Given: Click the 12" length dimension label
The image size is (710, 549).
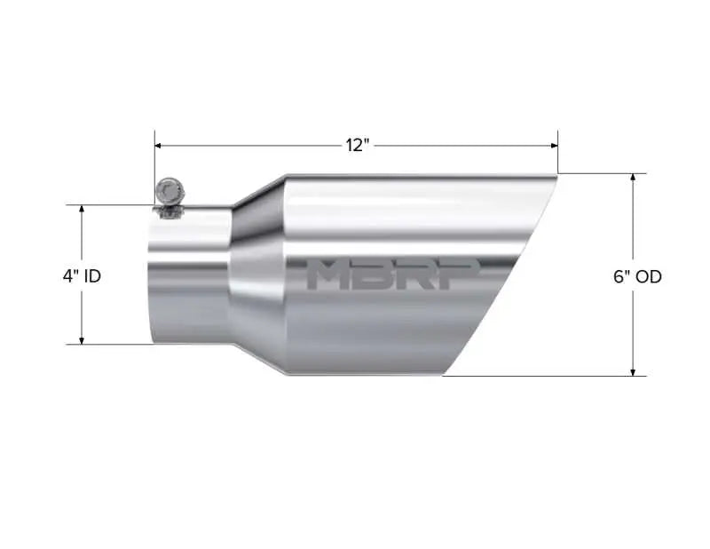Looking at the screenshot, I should [357, 145].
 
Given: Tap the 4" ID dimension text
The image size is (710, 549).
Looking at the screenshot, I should [82, 276].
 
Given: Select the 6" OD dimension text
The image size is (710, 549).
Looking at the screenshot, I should [637, 276].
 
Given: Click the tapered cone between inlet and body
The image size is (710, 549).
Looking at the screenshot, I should [257, 275].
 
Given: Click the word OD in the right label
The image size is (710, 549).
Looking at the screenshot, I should [649, 276].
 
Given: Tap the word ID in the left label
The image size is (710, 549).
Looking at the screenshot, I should [92, 276].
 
